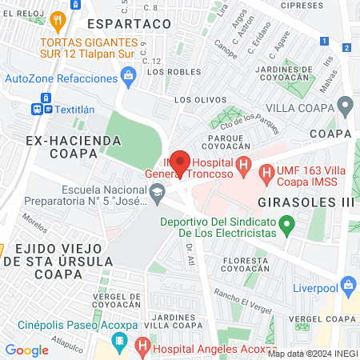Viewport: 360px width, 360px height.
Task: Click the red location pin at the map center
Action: click(180, 162)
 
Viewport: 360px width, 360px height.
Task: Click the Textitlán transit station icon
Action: click(38, 108)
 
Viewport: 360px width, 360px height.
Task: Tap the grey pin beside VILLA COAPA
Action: click(346, 105)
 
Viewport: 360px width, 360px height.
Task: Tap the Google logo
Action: click(27, 350)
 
